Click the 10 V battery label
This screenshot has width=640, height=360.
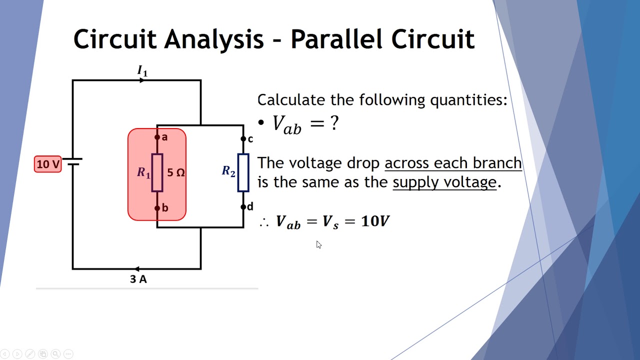point(48,164)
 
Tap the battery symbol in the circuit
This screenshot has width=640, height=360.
point(74,162)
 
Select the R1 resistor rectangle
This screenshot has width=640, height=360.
point(157,173)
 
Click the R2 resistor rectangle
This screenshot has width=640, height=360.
point(243,173)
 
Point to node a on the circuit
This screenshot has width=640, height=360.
point(157,137)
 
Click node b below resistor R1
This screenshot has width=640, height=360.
point(157,208)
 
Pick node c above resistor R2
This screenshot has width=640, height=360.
point(243,139)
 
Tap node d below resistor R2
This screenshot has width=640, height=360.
point(243,206)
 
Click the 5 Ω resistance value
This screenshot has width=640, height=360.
point(176,173)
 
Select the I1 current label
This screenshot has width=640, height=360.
point(142,71)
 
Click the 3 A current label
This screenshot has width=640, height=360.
point(138,280)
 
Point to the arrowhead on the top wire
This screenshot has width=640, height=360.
point(142,80)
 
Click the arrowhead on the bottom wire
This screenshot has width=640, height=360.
point(136,269)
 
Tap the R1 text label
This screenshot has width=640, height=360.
point(143,173)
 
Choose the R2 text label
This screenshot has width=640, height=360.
point(228,171)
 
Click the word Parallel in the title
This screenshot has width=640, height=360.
point(339,39)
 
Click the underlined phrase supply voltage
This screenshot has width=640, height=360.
point(444,182)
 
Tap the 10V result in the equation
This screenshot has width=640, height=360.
point(375,221)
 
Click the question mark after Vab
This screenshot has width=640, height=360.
point(334,123)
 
